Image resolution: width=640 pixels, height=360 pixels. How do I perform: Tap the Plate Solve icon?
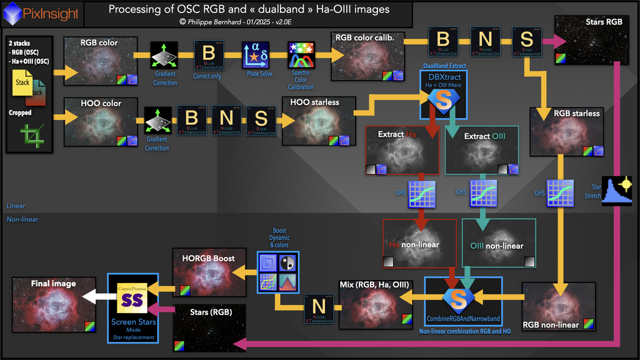pos(254,56)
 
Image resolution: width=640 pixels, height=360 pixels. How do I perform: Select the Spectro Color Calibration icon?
pos(300,56)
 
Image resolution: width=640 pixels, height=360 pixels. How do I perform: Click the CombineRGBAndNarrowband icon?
pos(460,299)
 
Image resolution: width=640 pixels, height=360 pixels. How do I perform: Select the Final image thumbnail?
pos(54,304)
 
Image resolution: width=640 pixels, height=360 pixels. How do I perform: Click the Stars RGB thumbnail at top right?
pos(589,41)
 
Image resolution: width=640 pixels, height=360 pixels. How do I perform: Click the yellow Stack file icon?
pos(23,83)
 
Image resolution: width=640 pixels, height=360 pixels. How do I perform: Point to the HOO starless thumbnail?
pos(318,120)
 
